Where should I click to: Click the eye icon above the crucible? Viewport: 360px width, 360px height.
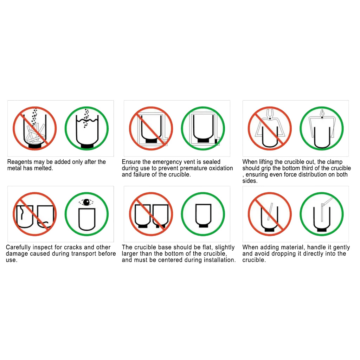pos(86,202)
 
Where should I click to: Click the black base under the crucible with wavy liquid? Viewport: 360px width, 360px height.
pos(87,146)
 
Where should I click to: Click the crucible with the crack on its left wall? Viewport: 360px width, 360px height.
pos(24,216)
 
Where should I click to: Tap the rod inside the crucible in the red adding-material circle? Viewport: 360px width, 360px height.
pos(270,211)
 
